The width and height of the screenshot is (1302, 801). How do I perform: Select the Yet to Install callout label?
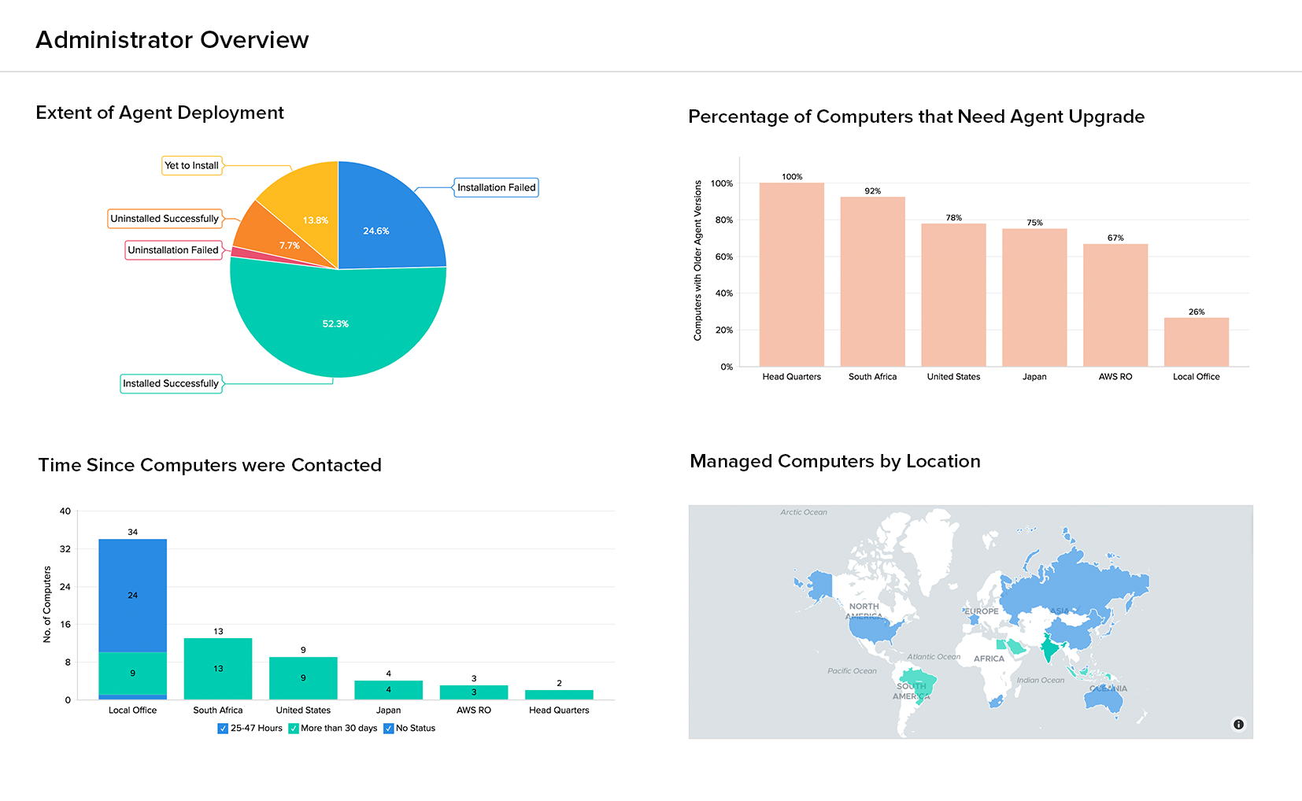coord(192,165)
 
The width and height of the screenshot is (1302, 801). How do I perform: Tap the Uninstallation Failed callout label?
coord(173,250)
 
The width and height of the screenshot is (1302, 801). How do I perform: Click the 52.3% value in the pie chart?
coord(335,324)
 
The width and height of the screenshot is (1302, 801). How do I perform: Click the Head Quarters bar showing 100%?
coord(791,275)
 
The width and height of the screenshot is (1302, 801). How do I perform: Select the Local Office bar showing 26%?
coord(1196,342)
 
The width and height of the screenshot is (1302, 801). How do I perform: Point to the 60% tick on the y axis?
coord(724,257)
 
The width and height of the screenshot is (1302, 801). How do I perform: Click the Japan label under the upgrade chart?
coord(1034,377)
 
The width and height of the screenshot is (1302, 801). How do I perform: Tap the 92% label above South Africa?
coord(872,191)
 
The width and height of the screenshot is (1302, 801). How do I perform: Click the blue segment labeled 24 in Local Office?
coord(132,596)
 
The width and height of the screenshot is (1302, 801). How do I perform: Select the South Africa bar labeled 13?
coord(218,669)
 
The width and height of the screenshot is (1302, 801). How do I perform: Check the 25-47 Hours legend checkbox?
coord(223,729)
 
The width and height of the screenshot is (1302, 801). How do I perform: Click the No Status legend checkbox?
coord(388,729)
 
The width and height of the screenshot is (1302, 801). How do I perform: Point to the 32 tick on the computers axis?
coord(65,549)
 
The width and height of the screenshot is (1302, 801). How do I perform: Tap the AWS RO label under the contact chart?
coord(473,711)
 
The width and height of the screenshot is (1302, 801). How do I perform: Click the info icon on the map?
coord(1238,725)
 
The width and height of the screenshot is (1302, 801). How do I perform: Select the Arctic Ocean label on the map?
coord(804,512)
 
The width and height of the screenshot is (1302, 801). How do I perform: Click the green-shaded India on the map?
coord(1049,649)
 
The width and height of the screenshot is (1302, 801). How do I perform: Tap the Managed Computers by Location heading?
coord(834,461)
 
